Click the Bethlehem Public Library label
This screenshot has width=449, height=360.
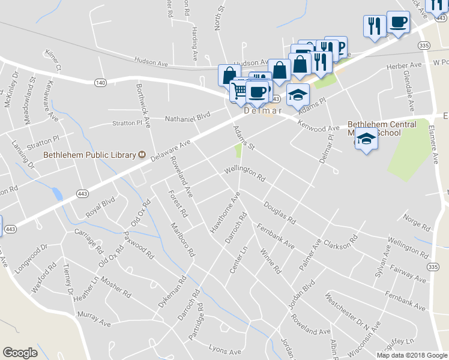(89, 155)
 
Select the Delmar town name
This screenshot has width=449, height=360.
(263, 110)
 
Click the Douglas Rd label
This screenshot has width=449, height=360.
(280, 212)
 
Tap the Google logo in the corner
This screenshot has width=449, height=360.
(20, 353)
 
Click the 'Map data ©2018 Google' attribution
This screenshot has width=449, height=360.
(412, 355)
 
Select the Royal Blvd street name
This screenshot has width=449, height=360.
(100, 211)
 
